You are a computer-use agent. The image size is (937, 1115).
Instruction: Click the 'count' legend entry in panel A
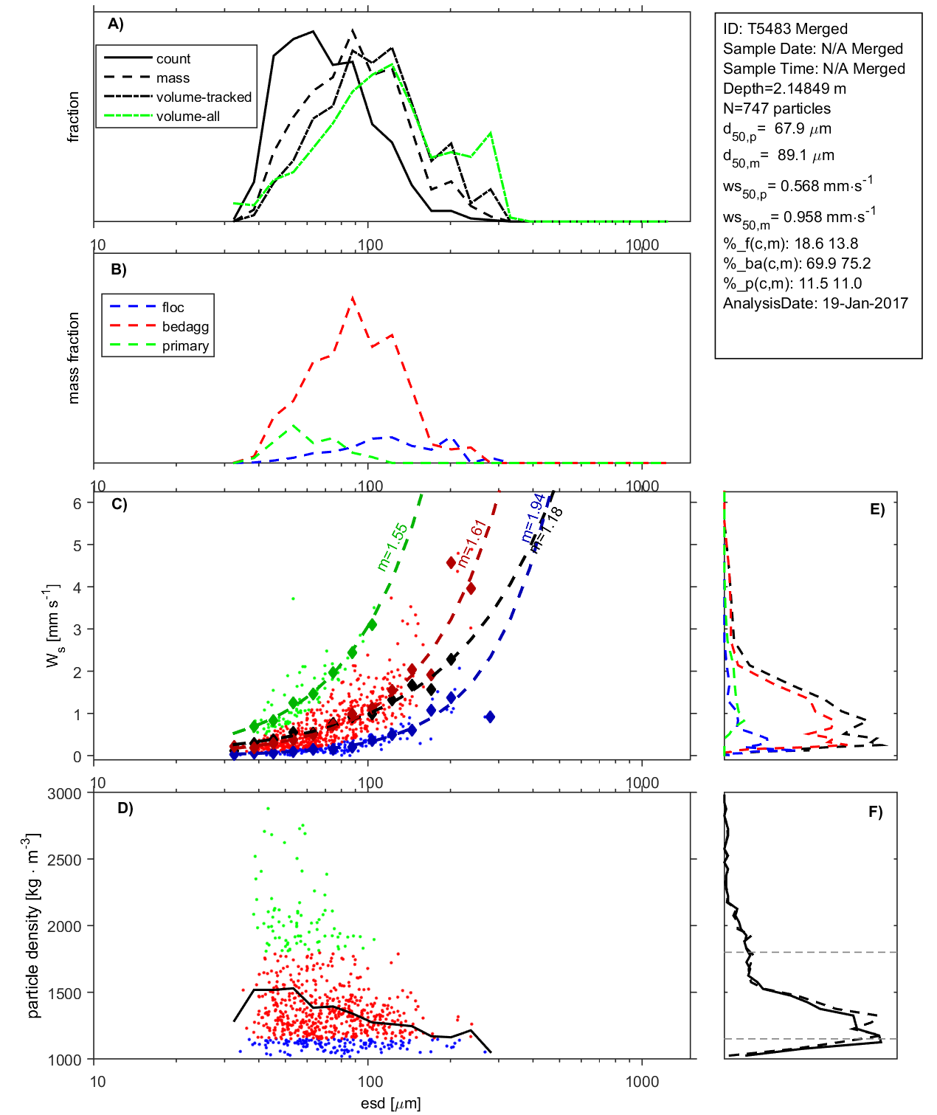click(x=173, y=58)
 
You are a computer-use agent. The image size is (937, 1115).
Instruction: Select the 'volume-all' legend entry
click(x=187, y=116)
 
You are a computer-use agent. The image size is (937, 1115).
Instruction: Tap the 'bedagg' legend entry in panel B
click(x=185, y=326)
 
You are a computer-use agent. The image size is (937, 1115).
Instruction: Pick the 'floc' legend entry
click(x=173, y=307)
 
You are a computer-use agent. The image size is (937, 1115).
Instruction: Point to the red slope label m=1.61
click(x=471, y=543)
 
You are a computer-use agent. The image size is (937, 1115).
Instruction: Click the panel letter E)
click(x=877, y=509)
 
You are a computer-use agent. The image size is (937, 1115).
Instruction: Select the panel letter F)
click(x=875, y=812)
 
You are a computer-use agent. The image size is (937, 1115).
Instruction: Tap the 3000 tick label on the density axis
click(x=64, y=794)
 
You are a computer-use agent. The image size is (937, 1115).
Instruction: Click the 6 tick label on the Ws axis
click(x=77, y=503)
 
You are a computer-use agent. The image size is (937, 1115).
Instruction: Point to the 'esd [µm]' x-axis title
click(x=390, y=1103)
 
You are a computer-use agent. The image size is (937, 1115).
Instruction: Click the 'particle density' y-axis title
click(x=32, y=926)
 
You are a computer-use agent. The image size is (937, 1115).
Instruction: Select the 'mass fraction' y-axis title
click(x=73, y=358)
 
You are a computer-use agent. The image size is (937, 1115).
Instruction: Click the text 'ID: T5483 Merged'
click(x=785, y=29)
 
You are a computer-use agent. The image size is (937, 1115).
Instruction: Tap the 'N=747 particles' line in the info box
click(x=776, y=108)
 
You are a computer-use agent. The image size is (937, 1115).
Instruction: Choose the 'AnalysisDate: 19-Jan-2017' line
click(x=815, y=303)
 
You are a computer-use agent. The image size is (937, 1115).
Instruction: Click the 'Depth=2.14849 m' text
click(x=784, y=89)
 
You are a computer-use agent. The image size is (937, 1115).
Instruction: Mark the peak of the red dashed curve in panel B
click(x=353, y=297)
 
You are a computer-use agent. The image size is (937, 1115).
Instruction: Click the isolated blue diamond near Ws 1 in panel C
click(x=489, y=717)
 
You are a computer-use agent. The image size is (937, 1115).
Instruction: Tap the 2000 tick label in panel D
click(x=64, y=927)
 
